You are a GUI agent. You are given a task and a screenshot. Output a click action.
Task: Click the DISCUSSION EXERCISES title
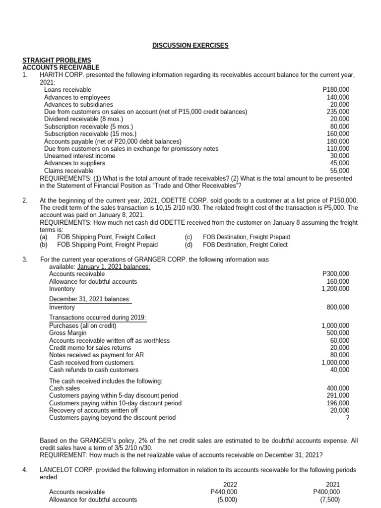click(190, 46)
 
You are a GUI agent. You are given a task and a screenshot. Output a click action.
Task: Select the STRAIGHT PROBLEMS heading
click(56, 60)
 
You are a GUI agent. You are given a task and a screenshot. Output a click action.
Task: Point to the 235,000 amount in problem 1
click(338, 112)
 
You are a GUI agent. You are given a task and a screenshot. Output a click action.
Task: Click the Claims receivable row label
click(68, 171)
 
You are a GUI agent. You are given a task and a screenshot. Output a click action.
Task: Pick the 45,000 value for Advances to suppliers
click(340, 163)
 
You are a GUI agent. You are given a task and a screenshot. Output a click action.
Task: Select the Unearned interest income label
click(79, 156)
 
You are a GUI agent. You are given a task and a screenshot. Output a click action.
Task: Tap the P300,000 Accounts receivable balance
click(336, 274)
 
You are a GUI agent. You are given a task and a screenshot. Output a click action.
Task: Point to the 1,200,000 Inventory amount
click(335, 289)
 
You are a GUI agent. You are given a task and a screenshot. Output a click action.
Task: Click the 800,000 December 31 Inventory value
click(338, 307)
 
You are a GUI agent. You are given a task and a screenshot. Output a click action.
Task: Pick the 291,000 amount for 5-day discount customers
click(338, 395)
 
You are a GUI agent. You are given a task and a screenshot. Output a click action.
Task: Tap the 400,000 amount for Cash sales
click(338, 388)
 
